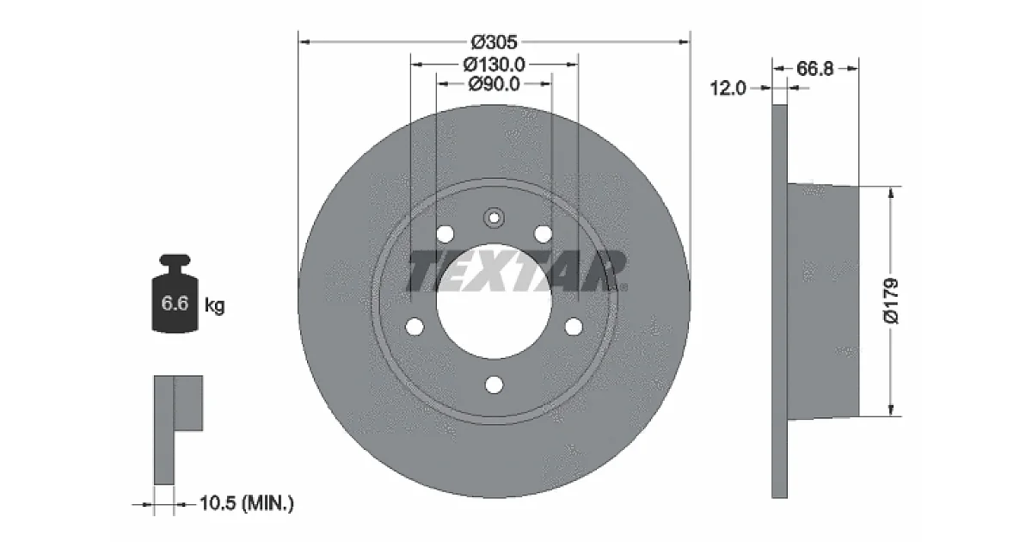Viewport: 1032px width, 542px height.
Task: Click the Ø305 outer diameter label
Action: pos(494,42)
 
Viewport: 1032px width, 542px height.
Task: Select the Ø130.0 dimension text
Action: pos(494,65)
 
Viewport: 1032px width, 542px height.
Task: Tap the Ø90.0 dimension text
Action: pos(494,84)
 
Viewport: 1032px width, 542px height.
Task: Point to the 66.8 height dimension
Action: pos(815,69)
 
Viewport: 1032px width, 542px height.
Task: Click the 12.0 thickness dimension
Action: pos(728,88)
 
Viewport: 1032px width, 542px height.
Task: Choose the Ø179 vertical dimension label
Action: pos(891,301)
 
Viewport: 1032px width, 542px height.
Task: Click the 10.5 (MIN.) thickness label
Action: pos(247,502)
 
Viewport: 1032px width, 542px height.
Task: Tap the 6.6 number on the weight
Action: pos(175,303)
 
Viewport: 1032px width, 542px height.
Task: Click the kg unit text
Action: pos(214,305)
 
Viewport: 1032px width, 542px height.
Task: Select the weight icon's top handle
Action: pos(175,260)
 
